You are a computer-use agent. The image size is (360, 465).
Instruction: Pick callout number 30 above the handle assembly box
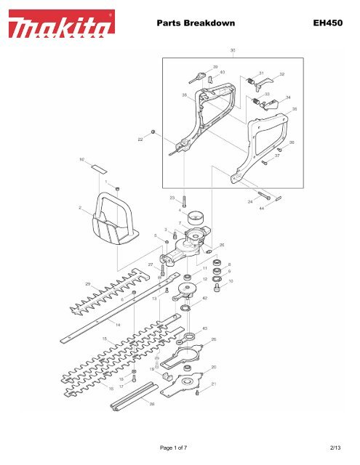click(x=232, y=50)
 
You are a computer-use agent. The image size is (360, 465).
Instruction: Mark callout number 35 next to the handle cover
click(x=295, y=108)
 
